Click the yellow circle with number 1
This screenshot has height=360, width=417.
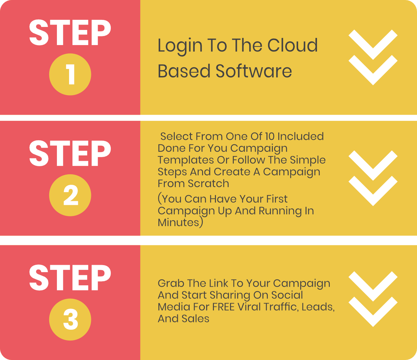point(70,74)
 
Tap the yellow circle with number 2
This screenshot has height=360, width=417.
point(70,195)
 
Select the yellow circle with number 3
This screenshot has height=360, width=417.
point(70,320)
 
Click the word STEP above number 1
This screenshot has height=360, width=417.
point(70,33)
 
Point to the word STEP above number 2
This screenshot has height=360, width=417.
point(70,153)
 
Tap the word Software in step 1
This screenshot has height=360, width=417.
point(254,71)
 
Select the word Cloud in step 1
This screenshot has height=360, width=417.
point(292,45)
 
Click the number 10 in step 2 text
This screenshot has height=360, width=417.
point(270,137)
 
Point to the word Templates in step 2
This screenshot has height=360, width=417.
point(186,160)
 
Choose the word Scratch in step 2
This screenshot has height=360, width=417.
point(208,183)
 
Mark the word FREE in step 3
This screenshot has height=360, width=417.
point(223,307)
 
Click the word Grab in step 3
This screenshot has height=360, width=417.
point(171,283)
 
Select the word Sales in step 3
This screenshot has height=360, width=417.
point(195,319)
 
